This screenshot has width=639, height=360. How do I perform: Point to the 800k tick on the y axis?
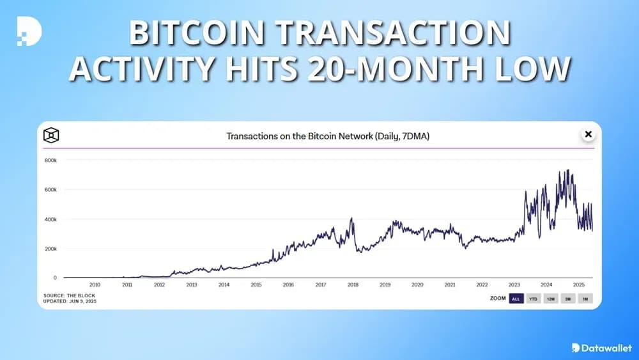pyautogui.click(x=50, y=160)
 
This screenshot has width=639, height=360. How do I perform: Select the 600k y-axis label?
pyautogui.click(x=50, y=190)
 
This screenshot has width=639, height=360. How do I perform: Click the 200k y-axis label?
pyautogui.click(x=50, y=249)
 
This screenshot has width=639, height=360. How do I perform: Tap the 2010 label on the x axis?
pyautogui.click(x=95, y=285)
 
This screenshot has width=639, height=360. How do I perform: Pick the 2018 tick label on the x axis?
pyautogui.click(x=353, y=285)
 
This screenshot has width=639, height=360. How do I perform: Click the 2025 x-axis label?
pyautogui.click(x=578, y=285)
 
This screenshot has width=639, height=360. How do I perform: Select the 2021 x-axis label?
pyautogui.click(x=449, y=285)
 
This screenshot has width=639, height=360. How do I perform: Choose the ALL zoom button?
pyautogui.click(x=516, y=299)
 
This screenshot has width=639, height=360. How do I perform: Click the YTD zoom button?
pyautogui.click(x=533, y=299)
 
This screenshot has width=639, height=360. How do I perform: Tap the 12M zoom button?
pyautogui.click(x=550, y=299)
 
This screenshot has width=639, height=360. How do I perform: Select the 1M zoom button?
pyautogui.click(x=585, y=299)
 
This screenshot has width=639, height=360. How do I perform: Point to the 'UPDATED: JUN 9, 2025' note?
pyautogui.click(x=71, y=301)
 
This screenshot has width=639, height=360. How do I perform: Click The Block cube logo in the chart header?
pyautogui.click(x=51, y=135)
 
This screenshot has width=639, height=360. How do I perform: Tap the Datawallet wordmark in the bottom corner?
pyautogui.click(x=606, y=348)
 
